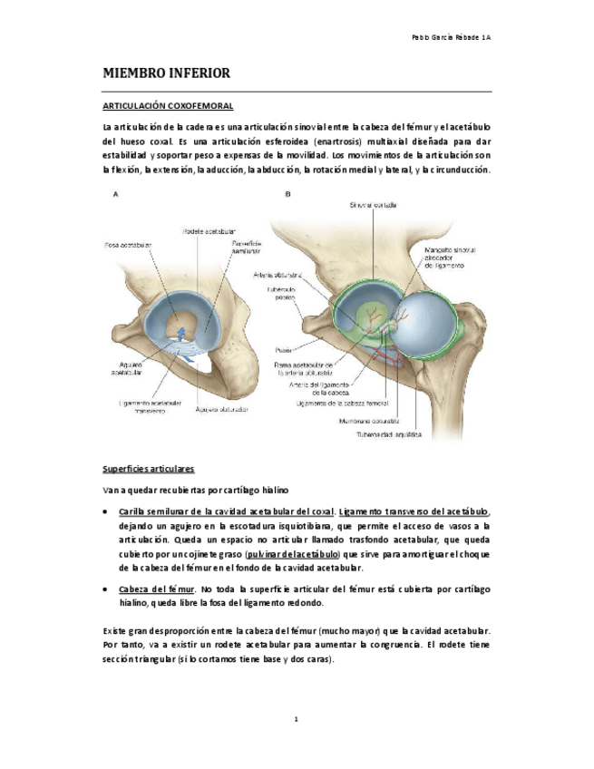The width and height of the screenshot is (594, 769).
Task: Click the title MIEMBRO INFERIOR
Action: pyautogui.click(x=166, y=73)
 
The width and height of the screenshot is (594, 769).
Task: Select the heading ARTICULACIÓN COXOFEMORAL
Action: pyautogui.click(x=168, y=107)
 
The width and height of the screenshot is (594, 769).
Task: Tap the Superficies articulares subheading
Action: pyautogui.click(x=148, y=469)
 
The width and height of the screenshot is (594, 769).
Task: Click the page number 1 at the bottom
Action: pyautogui.click(x=296, y=720)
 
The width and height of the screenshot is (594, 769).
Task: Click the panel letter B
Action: pyautogui.click(x=287, y=194)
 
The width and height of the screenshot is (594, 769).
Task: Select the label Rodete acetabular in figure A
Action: pyautogui.click(x=204, y=230)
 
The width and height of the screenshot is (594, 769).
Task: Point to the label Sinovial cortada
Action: pyautogui.click(x=373, y=206)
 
